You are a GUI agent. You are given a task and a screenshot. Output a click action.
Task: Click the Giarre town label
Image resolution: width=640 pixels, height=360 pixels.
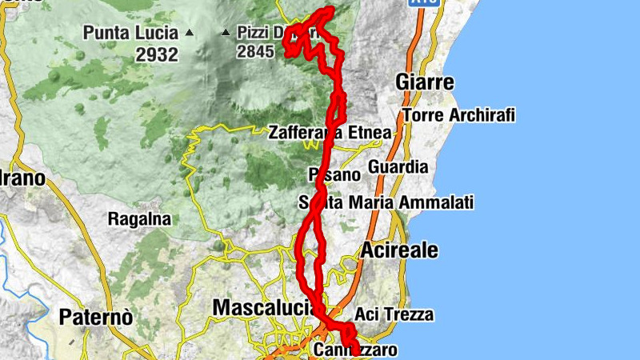pyautogui.click(x=425, y=82)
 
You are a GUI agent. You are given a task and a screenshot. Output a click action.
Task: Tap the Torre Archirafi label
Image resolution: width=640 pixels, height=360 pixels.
pyautogui.click(x=458, y=115)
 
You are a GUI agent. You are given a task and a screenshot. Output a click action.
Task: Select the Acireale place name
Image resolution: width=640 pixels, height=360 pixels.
pyautogui.click(x=399, y=250)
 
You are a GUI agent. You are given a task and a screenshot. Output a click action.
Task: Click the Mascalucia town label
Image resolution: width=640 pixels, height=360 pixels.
pyautogui.click(x=261, y=307)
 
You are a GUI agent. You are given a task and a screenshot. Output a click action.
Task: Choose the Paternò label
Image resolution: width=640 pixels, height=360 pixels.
pyautogui.click(x=95, y=317)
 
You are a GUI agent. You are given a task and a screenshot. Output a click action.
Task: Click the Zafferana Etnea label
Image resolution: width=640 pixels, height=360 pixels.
pyautogui.click(x=330, y=132)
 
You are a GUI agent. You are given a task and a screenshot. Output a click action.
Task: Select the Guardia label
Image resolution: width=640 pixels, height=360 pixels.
pyautogui.click(x=398, y=167)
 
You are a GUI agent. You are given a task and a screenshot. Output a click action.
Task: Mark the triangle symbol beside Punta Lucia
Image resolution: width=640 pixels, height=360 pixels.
pyautogui.click(x=189, y=34)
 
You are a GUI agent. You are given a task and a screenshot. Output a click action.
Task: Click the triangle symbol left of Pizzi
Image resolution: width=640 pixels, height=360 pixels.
pyautogui.click(x=226, y=34)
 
